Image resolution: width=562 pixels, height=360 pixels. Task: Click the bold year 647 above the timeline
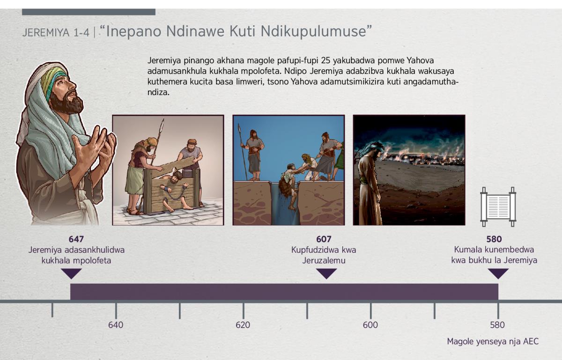pyautogui.click(x=76, y=239)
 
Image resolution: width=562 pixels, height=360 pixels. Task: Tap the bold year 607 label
pyautogui.click(x=324, y=239)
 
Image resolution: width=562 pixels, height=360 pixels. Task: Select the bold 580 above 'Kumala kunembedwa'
pyautogui.click(x=494, y=239)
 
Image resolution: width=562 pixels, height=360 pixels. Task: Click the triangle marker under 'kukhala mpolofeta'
pyautogui.click(x=71, y=273)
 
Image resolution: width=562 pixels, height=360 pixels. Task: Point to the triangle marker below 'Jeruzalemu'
pyautogui.click(x=326, y=273)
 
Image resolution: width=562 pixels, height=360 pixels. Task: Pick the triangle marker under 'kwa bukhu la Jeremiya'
pyautogui.click(x=498, y=273)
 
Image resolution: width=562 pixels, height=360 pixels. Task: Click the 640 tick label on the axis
pyautogui.click(x=116, y=325)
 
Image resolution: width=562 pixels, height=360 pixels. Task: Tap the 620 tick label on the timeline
pyautogui.click(x=243, y=325)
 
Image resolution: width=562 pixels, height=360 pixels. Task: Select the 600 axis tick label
pyautogui.click(x=370, y=325)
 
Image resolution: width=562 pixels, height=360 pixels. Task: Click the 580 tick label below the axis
pyautogui.click(x=497, y=325)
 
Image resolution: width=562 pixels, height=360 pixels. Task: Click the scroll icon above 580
pyautogui.click(x=498, y=207)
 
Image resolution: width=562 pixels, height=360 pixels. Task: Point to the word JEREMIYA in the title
pyautogui.click(x=46, y=33)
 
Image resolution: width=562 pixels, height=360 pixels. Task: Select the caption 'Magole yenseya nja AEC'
pyautogui.click(x=493, y=341)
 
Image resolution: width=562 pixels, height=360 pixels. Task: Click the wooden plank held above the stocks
pyautogui.click(x=173, y=166)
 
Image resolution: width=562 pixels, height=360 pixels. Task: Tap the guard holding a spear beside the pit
pyautogui.click(x=253, y=155)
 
